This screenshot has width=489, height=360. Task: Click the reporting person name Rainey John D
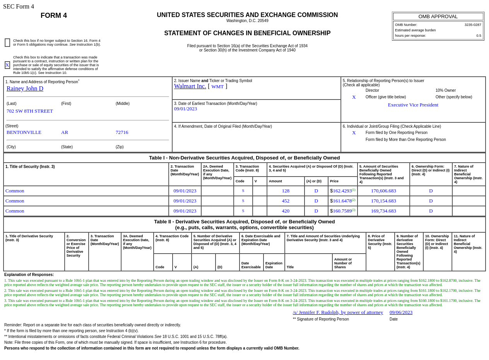coord(25,89)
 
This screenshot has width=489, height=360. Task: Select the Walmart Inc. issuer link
coord(190,86)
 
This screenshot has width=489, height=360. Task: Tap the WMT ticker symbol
coord(217,87)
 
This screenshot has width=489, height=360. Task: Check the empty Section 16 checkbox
coord(7,43)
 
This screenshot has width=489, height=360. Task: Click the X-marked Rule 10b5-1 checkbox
coord(7,65)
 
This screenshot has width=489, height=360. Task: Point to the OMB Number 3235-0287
coord(473,25)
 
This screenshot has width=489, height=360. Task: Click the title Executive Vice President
coord(413,105)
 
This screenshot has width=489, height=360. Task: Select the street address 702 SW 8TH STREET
coord(30,111)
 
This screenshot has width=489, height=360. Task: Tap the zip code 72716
coord(122,132)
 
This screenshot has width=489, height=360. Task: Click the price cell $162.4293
coord(342,191)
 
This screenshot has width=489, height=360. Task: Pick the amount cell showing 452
coord(286,201)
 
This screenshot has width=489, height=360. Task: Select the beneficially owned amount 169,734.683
coord(383,211)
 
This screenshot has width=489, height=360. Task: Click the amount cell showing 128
coord(286,191)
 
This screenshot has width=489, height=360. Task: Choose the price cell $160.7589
coord(342,211)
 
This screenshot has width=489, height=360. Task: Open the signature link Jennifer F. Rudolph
coord(338,312)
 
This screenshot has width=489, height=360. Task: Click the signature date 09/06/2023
coord(401,312)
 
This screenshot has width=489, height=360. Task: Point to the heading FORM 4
coord(54,15)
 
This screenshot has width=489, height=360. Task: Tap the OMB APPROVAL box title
coord(438,17)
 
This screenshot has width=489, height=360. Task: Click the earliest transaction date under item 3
coord(185,109)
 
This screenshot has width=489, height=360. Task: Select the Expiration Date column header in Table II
coord(274,265)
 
